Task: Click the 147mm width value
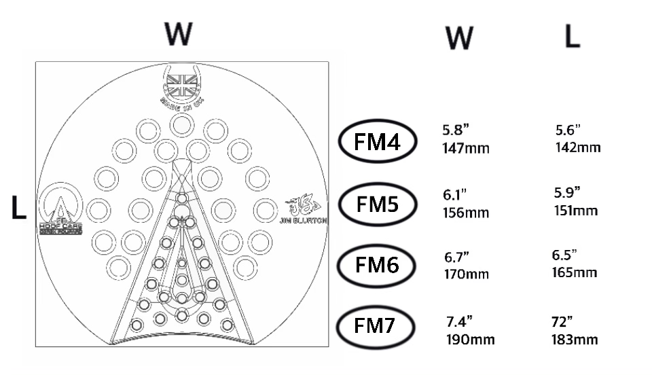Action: coord(466,148)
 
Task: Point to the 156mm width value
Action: coord(466,212)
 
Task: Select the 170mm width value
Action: coord(467,274)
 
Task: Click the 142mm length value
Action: coord(578,147)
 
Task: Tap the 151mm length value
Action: coord(576,210)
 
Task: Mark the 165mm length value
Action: coord(575,272)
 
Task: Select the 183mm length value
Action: coord(576,338)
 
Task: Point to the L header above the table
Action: coord(573,37)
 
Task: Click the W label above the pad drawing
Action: coord(178,34)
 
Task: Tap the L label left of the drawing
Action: coord(18,209)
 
